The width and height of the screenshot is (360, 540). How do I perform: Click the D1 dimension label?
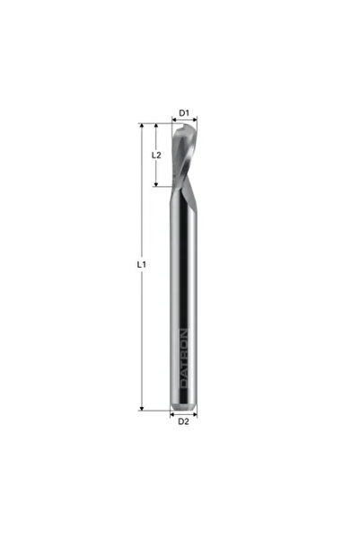(184, 112)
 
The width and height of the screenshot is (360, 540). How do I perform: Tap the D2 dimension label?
(183, 421)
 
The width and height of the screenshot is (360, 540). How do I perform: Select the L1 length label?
(142, 264)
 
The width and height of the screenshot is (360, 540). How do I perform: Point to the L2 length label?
(156, 155)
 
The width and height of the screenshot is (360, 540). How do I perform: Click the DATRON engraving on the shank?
(184, 359)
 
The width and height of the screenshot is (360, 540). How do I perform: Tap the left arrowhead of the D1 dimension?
(173, 120)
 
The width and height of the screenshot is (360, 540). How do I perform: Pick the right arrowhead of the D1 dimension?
(195, 120)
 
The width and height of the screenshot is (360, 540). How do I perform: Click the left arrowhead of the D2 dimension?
(172, 414)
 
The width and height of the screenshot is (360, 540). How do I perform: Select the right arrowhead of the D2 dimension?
(195, 414)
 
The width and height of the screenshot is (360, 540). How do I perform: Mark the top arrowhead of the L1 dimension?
(142, 126)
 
